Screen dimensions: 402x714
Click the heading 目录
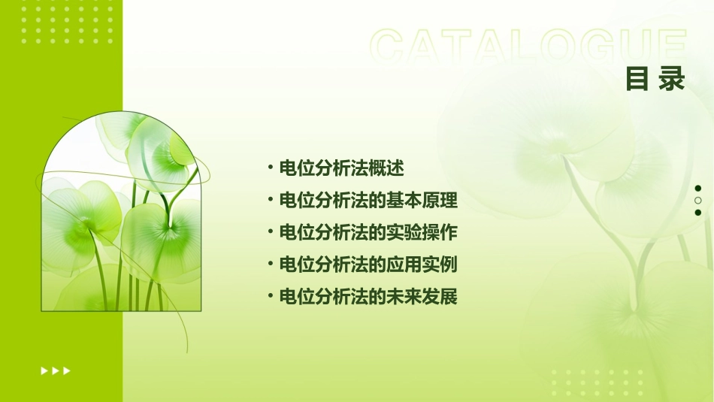tap(655, 79)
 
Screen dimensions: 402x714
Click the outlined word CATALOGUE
tap(528, 47)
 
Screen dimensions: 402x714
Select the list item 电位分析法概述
tap(341, 168)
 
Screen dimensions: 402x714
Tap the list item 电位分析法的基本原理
tap(368, 201)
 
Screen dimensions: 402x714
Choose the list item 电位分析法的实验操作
tap(368, 233)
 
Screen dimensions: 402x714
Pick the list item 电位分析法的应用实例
tap(368, 264)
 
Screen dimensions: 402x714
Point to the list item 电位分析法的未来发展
tap(368, 297)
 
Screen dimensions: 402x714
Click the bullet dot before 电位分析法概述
tap(271, 168)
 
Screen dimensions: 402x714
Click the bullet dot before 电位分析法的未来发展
tap(271, 297)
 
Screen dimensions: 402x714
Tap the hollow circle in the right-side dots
tap(698, 201)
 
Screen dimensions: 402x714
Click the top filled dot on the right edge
tap(698, 189)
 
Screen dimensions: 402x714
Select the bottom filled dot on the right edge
tap(698, 213)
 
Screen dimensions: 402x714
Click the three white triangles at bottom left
tap(56, 370)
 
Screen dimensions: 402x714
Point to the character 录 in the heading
tap(672, 79)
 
